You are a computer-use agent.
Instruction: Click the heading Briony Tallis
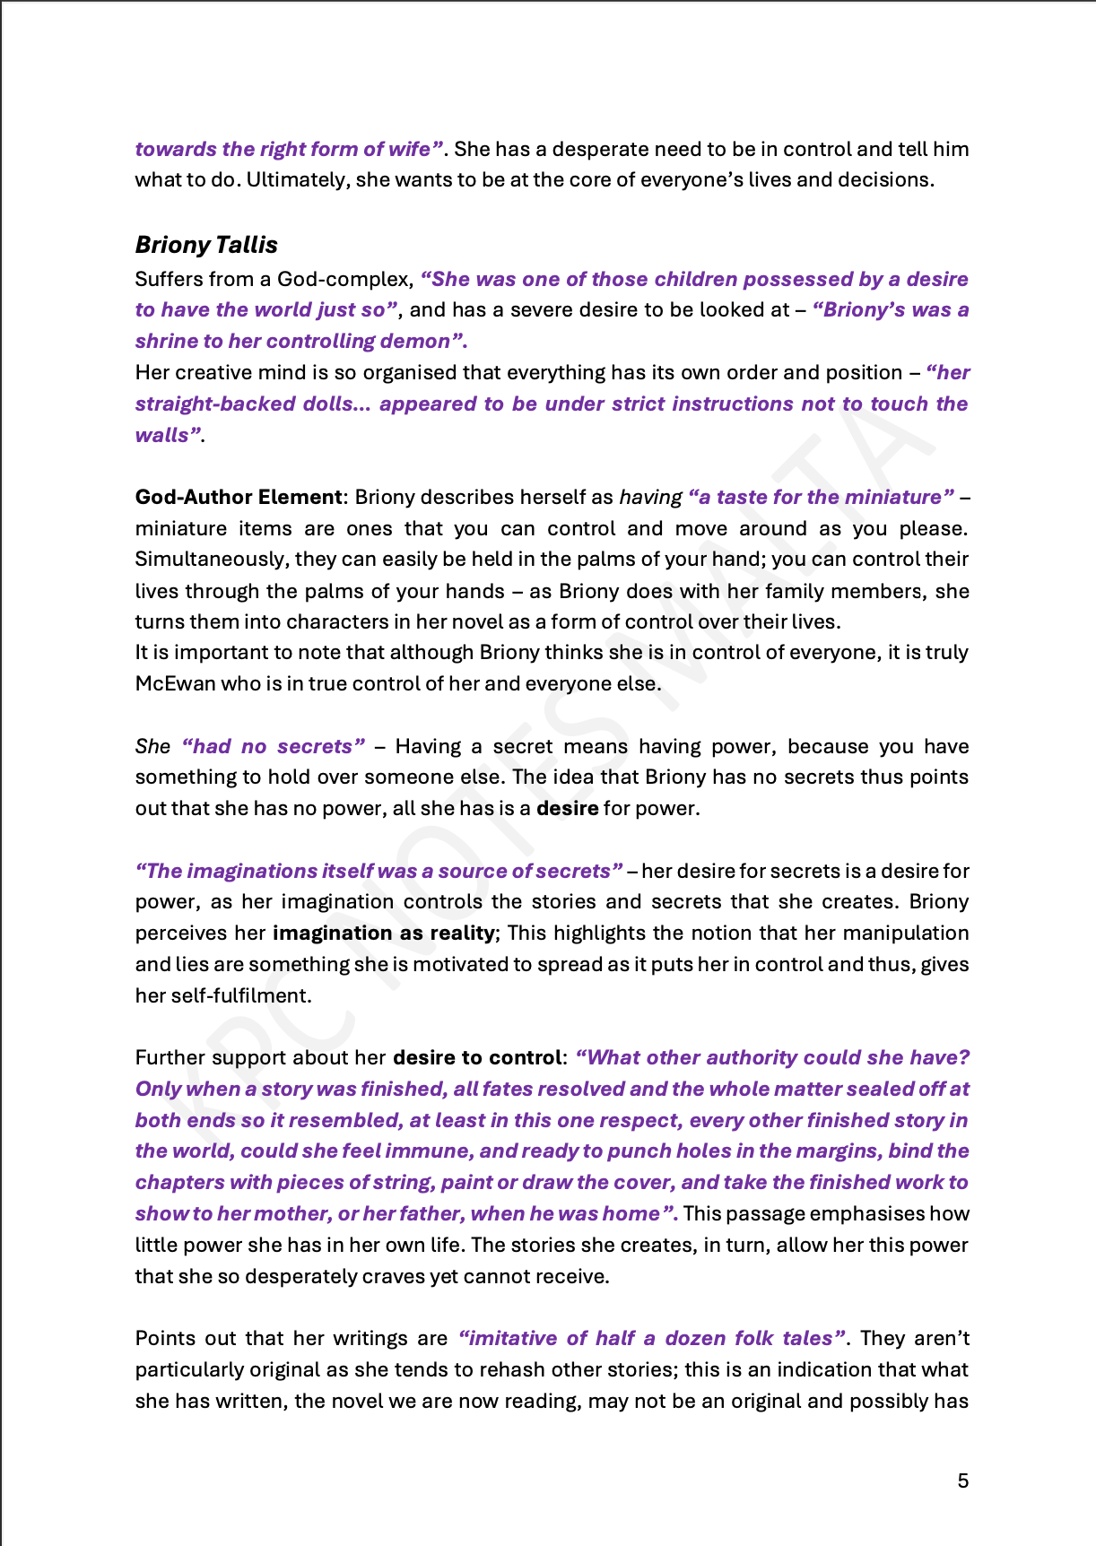[206, 245]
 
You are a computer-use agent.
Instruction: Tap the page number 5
[963, 1481]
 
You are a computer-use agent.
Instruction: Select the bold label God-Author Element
[239, 497]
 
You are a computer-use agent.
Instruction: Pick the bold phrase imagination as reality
[383, 933]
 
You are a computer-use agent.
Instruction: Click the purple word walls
[162, 435]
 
